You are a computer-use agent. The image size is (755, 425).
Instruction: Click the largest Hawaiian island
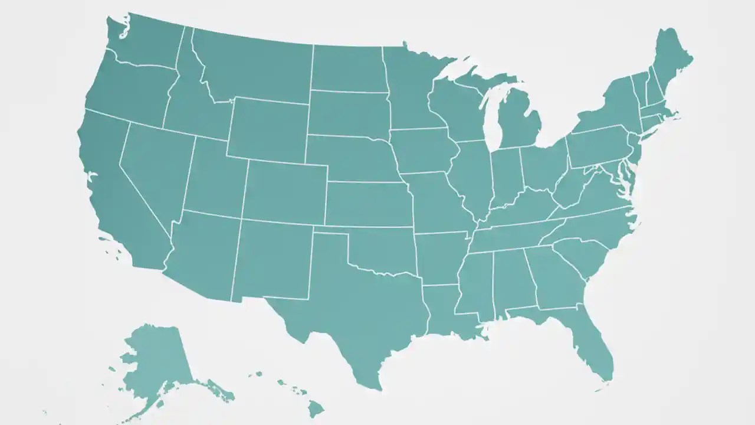316,408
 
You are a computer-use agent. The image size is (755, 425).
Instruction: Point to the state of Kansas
369,204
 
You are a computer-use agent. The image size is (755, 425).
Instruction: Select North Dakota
348,68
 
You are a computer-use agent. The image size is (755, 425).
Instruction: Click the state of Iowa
422,151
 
